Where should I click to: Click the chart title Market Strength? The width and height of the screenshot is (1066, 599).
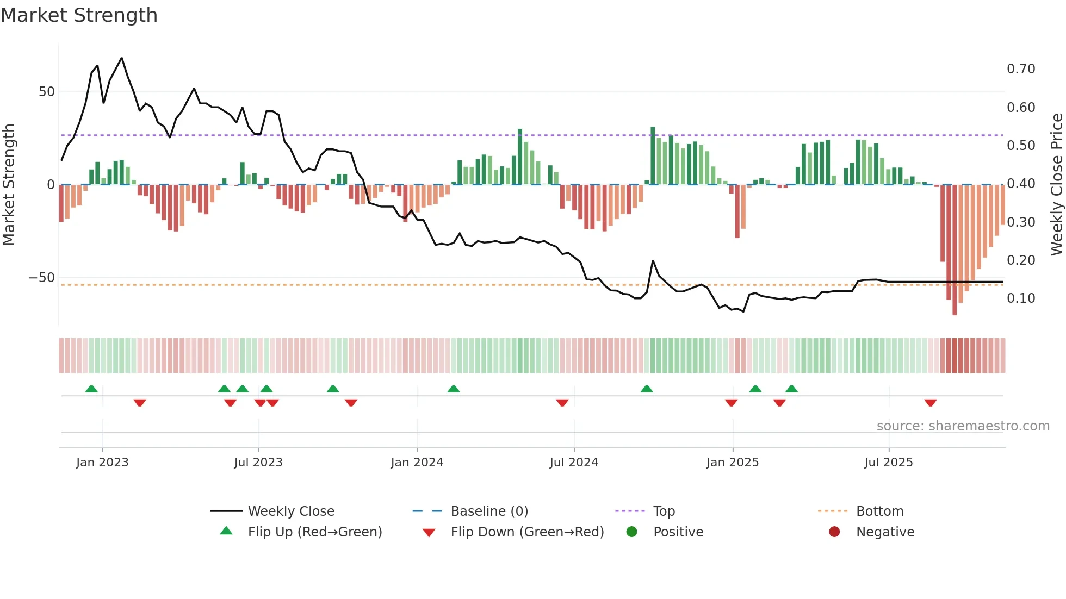79,15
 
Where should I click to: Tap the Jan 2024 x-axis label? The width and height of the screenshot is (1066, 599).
417,463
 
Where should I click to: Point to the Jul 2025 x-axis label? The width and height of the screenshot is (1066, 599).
888,463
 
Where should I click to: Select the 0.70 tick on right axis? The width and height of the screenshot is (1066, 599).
1020,69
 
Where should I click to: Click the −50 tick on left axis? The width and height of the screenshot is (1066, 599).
42,278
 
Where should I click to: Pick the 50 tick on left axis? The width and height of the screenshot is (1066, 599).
47,92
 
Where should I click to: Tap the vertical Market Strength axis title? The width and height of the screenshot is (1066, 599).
9,185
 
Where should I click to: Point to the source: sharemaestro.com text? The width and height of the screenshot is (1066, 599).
963,426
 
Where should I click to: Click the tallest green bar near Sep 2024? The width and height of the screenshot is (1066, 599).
653,155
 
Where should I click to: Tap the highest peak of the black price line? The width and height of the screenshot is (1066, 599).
121,58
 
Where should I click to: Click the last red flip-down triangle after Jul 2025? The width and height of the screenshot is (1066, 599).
930,403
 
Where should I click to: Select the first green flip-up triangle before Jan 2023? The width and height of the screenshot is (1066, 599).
91,389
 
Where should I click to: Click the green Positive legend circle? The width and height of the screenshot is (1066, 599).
631,532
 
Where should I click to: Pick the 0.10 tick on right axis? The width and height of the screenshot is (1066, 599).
1020,298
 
